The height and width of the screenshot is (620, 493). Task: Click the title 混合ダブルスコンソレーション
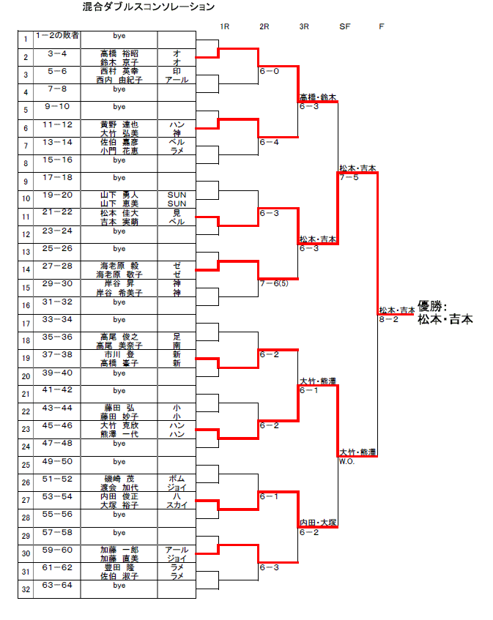[149, 7]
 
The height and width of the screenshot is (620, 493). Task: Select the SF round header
[344, 26]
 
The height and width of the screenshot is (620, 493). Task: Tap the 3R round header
[304, 26]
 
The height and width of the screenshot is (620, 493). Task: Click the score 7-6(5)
[273, 283]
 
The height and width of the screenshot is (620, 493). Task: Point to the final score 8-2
[388, 319]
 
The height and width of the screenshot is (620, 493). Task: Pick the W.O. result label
[346, 462]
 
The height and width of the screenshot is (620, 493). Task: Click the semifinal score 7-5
[348, 177]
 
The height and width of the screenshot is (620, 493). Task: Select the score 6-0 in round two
[269, 72]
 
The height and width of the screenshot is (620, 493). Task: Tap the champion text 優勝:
[432, 307]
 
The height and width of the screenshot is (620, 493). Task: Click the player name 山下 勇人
[119, 195]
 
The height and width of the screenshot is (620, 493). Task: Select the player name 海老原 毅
[119, 266]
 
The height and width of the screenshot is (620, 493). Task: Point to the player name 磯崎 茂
[119, 479]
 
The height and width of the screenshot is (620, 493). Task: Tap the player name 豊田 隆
[119, 567]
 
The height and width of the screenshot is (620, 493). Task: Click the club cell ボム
[177, 479]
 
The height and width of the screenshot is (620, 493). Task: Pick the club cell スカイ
[177, 505]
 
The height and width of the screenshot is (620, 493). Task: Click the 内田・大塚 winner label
[317, 523]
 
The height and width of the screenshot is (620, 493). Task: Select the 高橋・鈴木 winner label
[317, 97]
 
